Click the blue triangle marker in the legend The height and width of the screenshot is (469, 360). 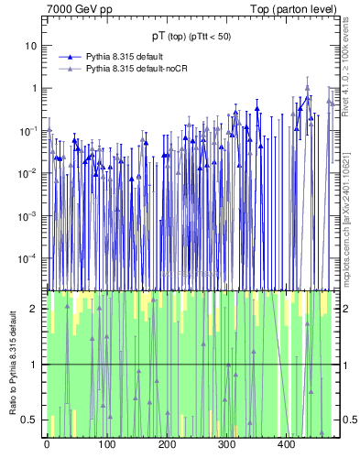coord(71,57)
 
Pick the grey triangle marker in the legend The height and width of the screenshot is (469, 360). coord(71,69)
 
